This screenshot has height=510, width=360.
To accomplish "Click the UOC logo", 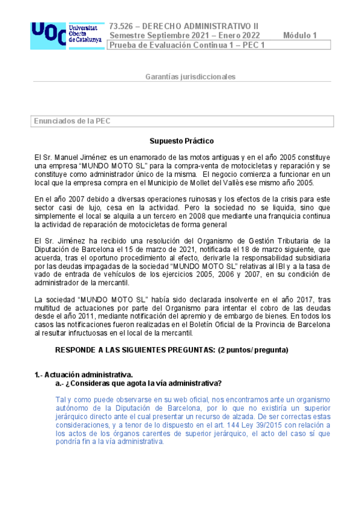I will (x=66, y=35).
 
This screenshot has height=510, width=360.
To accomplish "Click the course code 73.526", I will (x=121, y=26).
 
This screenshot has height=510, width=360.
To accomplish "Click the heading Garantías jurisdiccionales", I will (x=191, y=77).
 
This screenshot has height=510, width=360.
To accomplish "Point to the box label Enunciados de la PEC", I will (x=72, y=121).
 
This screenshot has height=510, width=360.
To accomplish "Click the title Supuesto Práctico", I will (x=182, y=141).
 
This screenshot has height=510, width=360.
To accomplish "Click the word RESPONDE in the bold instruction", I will (x=78, y=349).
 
